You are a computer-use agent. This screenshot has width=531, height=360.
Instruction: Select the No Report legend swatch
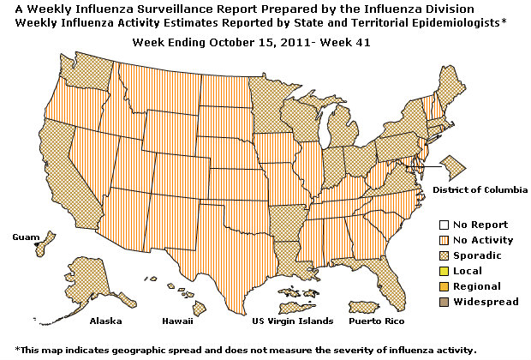click(443, 225)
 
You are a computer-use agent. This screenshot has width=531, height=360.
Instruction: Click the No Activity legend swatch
click(443, 240)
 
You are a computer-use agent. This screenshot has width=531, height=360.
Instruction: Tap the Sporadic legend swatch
click(443, 255)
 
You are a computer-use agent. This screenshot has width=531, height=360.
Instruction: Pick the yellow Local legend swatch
click(443, 271)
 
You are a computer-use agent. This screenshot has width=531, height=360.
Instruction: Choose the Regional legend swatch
click(443, 286)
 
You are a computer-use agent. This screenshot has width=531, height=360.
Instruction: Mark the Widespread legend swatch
click(443, 302)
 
